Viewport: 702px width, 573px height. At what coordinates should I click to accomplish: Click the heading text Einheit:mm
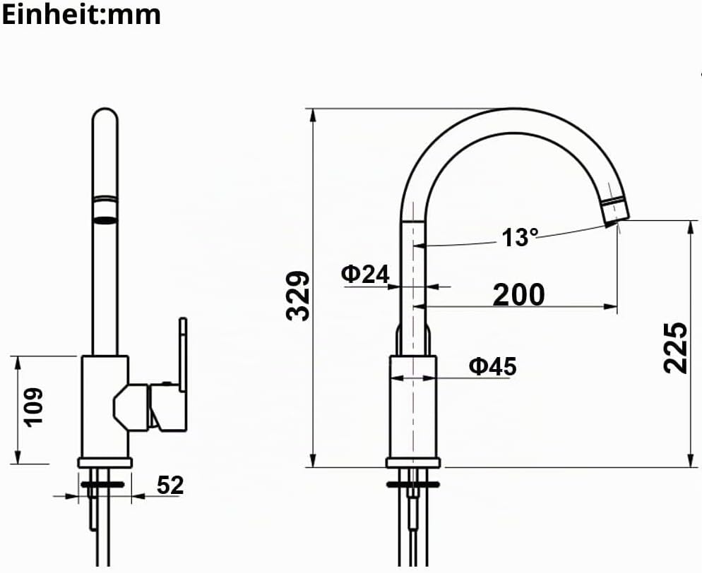(x=81, y=14)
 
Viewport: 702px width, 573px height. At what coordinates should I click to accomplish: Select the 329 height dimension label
(x=298, y=296)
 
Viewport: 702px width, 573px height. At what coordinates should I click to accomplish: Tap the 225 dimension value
(x=675, y=348)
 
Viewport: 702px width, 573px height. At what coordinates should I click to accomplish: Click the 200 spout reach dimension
(x=519, y=294)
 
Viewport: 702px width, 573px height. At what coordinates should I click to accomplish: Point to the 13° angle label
(x=519, y=238)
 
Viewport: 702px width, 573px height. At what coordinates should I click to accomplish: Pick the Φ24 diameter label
(x=365, y=274)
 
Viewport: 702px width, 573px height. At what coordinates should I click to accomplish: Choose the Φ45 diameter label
(x=492, y=366)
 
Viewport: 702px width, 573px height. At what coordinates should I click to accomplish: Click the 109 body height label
(x=34, y=407)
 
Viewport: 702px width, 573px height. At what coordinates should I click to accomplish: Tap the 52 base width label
(x=170, y=485)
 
